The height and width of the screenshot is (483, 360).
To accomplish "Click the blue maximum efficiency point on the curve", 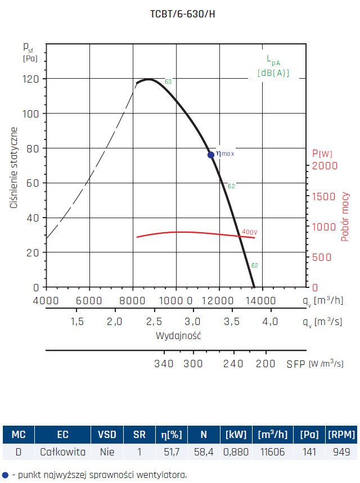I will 211,155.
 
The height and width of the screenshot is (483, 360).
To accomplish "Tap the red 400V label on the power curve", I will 249,232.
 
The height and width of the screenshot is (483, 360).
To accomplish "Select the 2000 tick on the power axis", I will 325,166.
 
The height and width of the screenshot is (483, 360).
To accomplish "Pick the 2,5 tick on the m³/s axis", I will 154,322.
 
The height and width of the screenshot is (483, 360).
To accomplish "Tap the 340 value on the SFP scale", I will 164,364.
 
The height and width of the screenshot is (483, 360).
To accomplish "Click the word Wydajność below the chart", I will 178,336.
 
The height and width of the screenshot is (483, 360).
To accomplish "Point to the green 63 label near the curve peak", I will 168,82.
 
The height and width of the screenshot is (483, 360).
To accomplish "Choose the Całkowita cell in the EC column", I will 62,452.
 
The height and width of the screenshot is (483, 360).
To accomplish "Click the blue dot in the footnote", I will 5,475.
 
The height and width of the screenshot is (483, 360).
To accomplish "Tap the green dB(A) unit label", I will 273,73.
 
